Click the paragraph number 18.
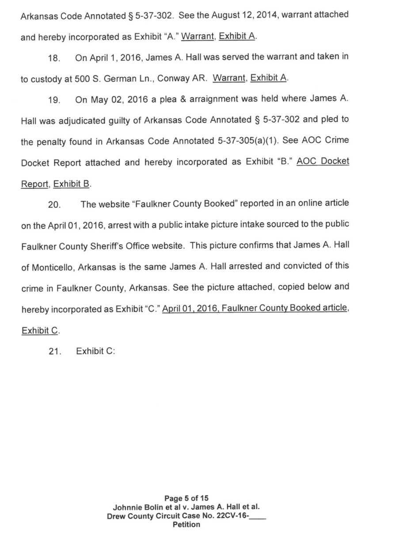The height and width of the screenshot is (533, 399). (53, 58)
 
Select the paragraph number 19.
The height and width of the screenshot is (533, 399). (53, 99)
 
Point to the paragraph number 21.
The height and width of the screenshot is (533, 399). (53, 352)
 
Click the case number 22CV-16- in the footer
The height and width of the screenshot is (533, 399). (230, 516)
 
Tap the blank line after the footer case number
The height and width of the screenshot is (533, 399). (258, 517)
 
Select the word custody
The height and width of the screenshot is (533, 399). (46, 79)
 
